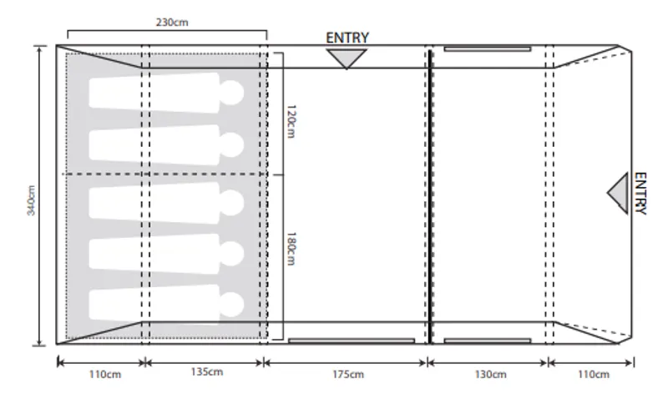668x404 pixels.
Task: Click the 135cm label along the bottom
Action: [206, 372]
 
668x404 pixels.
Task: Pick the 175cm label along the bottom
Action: [347, 374]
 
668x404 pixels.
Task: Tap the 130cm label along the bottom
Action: [489, 374]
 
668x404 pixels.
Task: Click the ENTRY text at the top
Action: [347, 38]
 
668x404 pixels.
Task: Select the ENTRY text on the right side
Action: [640, 194]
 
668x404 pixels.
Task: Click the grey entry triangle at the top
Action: [347, 58]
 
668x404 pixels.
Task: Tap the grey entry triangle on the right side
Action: [620, 193]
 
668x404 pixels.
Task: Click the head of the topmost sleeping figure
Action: [231, 93]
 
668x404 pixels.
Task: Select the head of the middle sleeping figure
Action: [231, 199]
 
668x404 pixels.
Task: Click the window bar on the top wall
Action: [487, 49]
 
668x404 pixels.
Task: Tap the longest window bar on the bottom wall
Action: [351, 341]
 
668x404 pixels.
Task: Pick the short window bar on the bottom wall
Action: [487, 341]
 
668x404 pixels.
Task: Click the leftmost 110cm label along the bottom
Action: [104, 374]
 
